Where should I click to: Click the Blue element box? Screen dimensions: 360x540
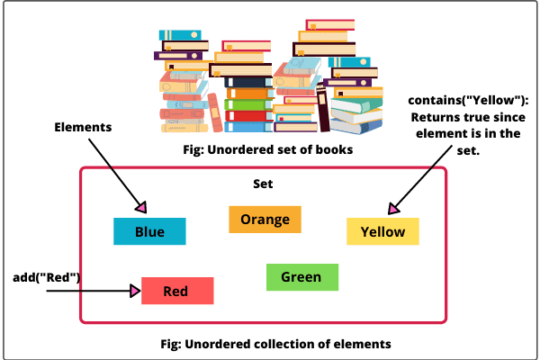(149, 231)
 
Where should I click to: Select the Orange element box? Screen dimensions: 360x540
(265, 219)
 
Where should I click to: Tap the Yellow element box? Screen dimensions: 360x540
(382, 231)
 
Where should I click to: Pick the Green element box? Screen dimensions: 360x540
(301, 276)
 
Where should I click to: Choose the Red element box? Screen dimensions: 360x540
(176, 291)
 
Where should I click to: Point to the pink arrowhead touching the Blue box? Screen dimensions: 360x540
(139, 207)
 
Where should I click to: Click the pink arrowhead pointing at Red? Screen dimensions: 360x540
(135, 290)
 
